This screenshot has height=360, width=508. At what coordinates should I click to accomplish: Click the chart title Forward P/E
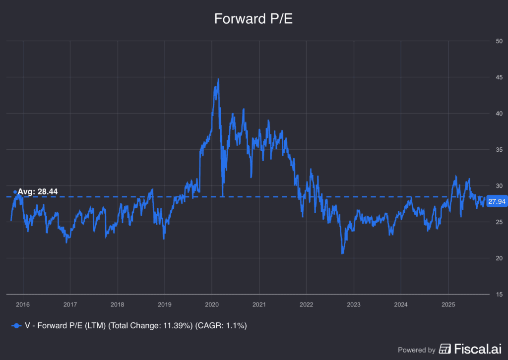coord(254,19)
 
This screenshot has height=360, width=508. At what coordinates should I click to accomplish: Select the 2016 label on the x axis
coord(23,303)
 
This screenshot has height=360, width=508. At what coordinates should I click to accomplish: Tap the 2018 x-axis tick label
coord(117,303)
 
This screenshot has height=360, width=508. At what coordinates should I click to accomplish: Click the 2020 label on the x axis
coord(212,303)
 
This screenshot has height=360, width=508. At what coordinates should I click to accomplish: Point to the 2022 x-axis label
coord(307,303)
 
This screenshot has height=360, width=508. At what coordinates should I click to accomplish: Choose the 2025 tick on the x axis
coord(448,303)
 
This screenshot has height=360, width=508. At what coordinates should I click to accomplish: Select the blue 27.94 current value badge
coord(496,201)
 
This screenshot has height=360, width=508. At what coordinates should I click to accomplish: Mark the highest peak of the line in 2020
coord(218,79)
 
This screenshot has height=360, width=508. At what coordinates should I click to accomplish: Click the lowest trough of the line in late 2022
coord(342,253)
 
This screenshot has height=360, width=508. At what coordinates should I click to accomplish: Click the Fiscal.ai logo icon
coord(445,349)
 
